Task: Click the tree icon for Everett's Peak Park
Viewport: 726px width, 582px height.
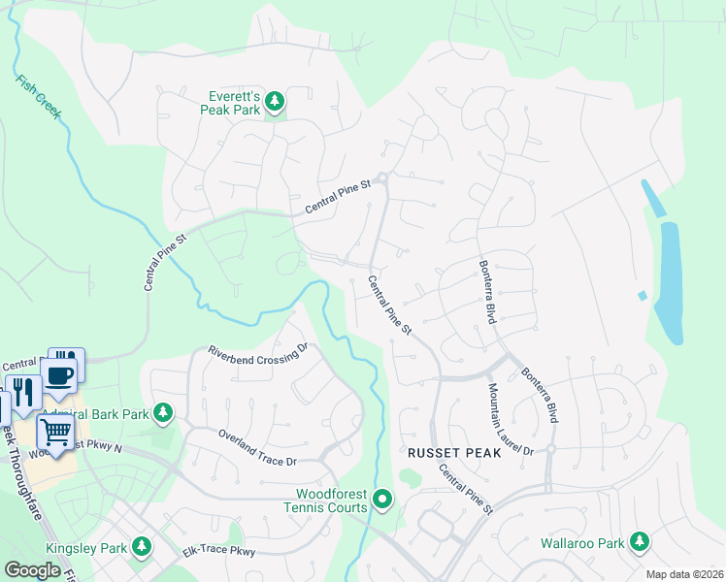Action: (275, 101)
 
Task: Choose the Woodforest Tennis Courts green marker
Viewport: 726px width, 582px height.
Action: (383, 501)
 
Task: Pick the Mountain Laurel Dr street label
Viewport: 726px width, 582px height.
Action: (510, 419)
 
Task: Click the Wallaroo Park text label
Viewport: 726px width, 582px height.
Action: (582, 543)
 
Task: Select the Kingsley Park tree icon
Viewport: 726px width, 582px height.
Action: (142, 548)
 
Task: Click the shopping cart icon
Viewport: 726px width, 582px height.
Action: (55, 432)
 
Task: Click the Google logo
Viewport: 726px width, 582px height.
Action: (33, 570)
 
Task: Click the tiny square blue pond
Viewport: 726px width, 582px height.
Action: (642, 295)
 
